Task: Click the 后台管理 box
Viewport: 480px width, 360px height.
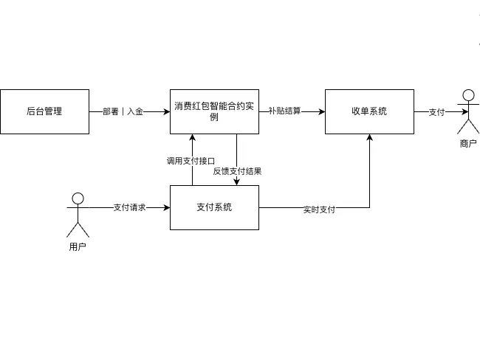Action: pos(44,111)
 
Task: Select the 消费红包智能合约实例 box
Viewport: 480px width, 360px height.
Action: pos(214,111)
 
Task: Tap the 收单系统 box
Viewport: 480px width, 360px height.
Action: pos(369,111)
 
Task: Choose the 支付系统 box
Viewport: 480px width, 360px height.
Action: pos(214,207)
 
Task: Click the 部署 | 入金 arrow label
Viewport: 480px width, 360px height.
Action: pos(123,111)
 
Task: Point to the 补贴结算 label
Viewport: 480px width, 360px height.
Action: pos(284,111)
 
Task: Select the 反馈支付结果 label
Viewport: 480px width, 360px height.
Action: pos(237,171)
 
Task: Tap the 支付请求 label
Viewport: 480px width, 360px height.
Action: pos(129,207)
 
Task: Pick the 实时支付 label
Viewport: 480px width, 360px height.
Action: pos(319,210)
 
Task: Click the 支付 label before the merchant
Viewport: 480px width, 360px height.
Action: pos(436,111)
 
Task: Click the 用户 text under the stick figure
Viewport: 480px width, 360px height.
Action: pos(78,247)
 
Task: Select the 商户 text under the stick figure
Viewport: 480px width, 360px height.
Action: pos(468,144)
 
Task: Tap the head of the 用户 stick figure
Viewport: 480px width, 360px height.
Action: pos(78,198)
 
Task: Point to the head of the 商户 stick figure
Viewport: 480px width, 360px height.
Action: pos(467,94)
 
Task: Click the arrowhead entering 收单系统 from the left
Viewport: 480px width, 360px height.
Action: pos(321,111)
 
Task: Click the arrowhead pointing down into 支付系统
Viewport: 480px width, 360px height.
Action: pos(236,181)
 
